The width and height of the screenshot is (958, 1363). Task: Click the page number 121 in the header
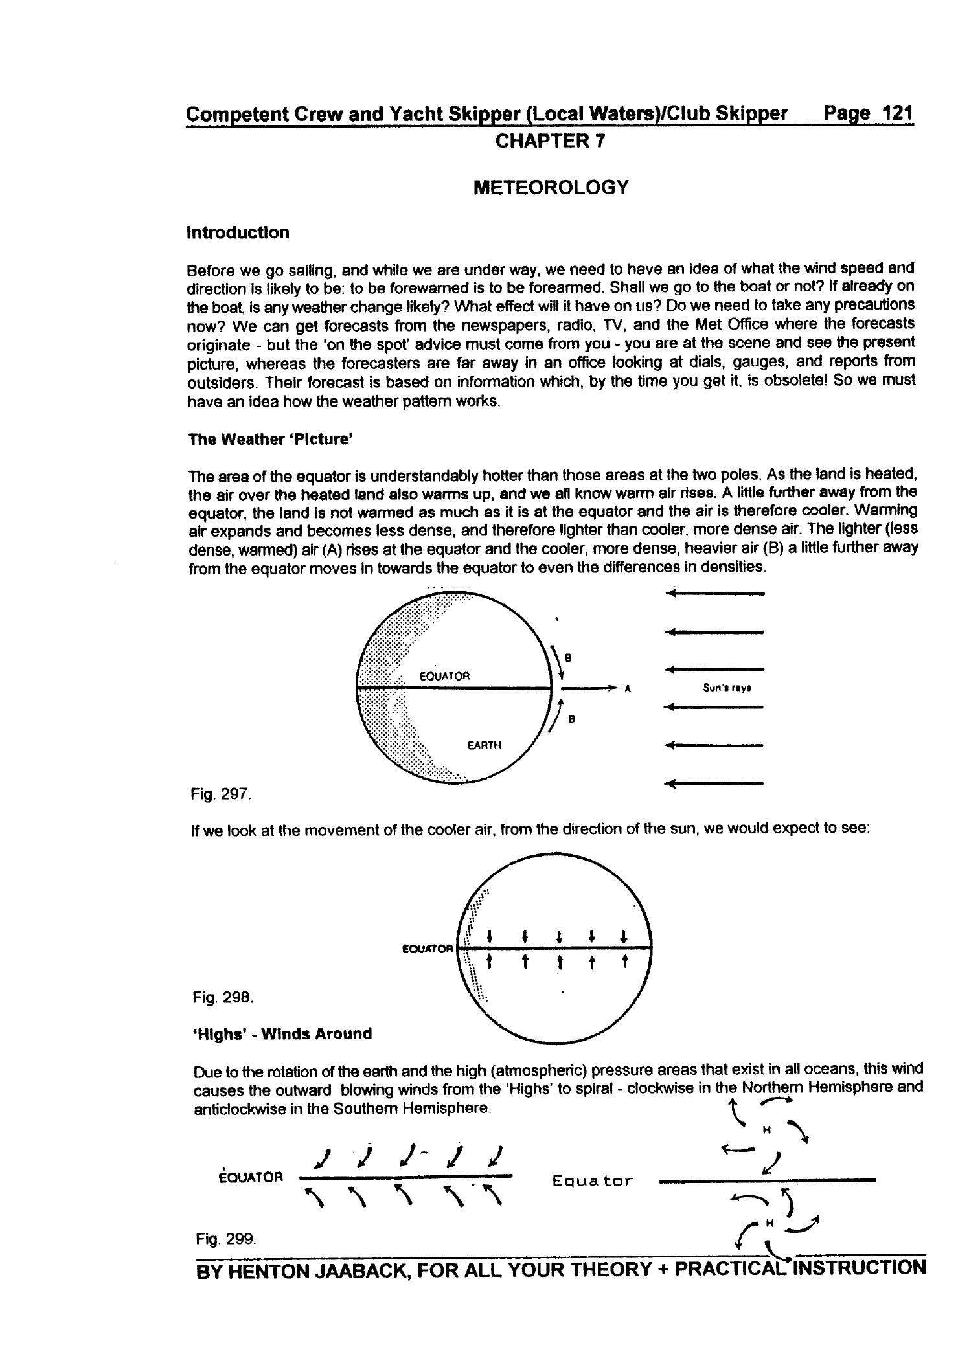click(897, 113)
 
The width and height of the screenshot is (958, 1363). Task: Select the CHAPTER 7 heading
click(550, 141)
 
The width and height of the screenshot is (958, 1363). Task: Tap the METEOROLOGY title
click(551, 188)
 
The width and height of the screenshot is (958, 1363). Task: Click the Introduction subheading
click(238, 232)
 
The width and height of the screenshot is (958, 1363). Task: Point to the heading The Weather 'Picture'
click(270, 440)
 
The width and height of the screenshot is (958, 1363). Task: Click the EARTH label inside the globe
click(484, 745)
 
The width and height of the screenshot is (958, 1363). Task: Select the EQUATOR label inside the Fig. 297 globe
click(444, 676)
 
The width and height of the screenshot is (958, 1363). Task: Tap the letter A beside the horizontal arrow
click(628, 688)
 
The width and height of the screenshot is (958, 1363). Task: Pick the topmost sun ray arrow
click(715, 592)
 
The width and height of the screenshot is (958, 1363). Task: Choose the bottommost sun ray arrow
click(715, 784)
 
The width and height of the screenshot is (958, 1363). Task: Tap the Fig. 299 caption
click(226, 1239)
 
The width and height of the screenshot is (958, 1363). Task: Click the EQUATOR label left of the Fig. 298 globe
click(428, 949)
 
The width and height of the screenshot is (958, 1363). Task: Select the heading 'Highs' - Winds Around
click(282, 1033)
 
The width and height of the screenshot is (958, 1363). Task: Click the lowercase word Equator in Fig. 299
click(592, 1181)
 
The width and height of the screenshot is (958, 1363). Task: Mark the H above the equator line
click(766, 1131)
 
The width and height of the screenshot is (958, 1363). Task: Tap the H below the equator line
click(770, 1223)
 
